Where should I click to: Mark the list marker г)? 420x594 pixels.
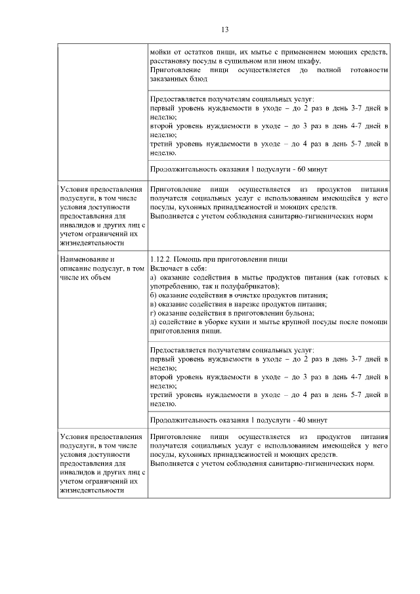tap(154, 313)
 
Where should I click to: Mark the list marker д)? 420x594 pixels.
tap(154, 322)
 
